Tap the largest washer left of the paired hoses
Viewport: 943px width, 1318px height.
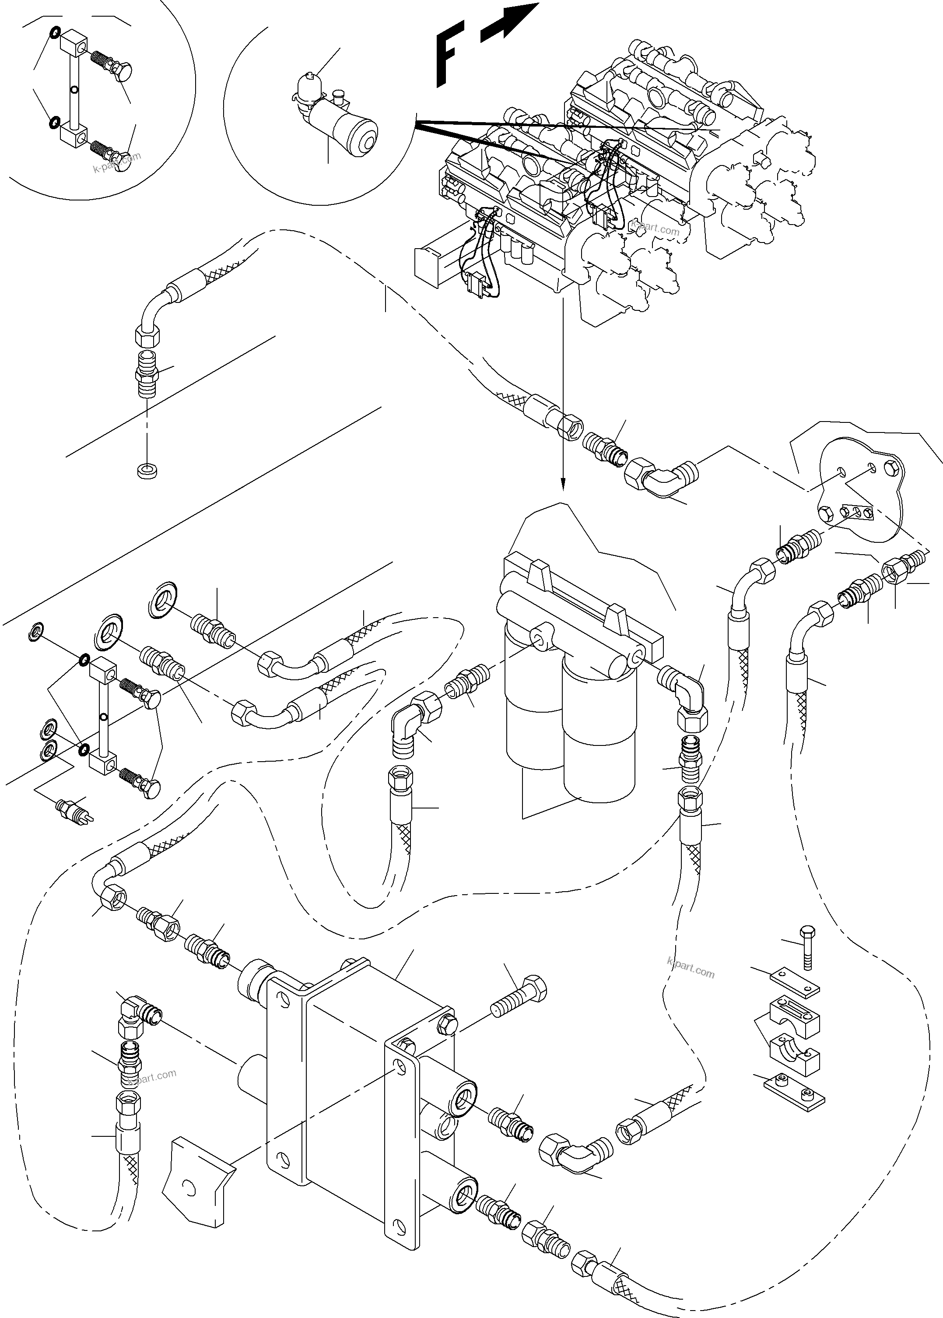(108, 631)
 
